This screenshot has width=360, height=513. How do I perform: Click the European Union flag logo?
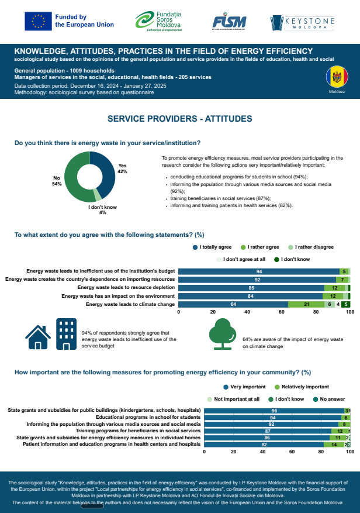[x=38, y=21]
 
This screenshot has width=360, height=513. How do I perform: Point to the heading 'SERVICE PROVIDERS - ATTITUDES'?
[x=179, y=119]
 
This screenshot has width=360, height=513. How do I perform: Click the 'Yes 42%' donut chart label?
[x=122, y=168]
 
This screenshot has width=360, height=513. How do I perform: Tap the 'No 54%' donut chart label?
[x=57, y=181]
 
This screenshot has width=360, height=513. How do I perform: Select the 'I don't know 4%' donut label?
[x=102, y=209]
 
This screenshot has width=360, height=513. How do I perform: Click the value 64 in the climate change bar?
[x=233, y=304]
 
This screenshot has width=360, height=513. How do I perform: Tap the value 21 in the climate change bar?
[x=306, y=304]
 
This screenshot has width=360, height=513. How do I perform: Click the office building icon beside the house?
[x=65, y=334]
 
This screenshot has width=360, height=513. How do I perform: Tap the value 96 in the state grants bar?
[x=274, y=411]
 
